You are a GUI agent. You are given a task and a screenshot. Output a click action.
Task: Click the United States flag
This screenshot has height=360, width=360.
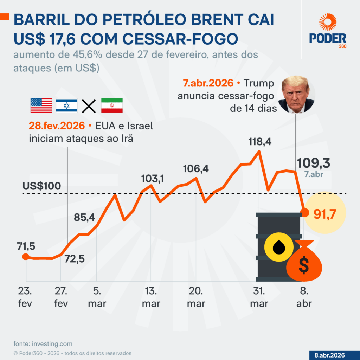tap(41, 105)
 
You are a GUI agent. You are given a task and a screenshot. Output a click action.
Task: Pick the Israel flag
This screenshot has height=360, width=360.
tap(66, 105)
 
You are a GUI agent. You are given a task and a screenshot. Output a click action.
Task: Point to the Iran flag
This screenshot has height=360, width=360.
tap(112, 105)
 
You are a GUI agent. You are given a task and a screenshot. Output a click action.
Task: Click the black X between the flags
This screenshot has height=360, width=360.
tap(89, 106)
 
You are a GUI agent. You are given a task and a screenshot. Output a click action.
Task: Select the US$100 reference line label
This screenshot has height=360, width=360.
tap(42, 186)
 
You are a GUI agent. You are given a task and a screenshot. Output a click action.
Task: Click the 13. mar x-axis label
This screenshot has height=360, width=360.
tap(151, 297)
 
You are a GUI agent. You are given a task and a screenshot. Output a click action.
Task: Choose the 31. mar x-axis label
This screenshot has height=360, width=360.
tap(259, 297)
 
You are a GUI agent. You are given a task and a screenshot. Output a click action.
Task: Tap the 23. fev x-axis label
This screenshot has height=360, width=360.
tap(25, 297)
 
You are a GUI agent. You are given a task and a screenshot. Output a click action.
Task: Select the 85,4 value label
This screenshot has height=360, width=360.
tap(84, 217)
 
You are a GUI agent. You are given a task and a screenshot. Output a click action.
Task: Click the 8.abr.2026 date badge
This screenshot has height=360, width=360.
tap(329, 354)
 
